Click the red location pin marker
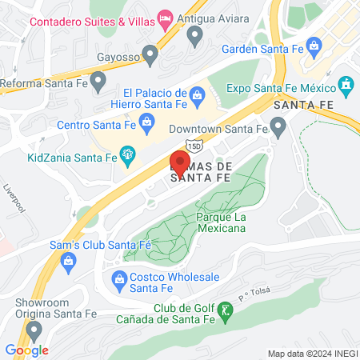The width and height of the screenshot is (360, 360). (x=179, y=164)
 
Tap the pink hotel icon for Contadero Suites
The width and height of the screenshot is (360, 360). (x=166, y=17)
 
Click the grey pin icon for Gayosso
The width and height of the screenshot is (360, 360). (x=149, y=54)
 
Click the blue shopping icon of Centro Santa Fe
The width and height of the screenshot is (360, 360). (x=146, y=122)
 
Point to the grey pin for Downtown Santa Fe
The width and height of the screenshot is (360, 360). (x=278, y=126)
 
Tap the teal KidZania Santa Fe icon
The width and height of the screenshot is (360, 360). (x=127, y=154)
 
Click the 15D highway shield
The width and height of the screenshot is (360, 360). (x=194, y=146)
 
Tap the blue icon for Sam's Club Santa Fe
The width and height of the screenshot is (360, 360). (x=68, y=260)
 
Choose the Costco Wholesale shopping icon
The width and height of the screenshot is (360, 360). (x=120, y=278)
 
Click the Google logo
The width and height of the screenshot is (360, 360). (x=27, y=350)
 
